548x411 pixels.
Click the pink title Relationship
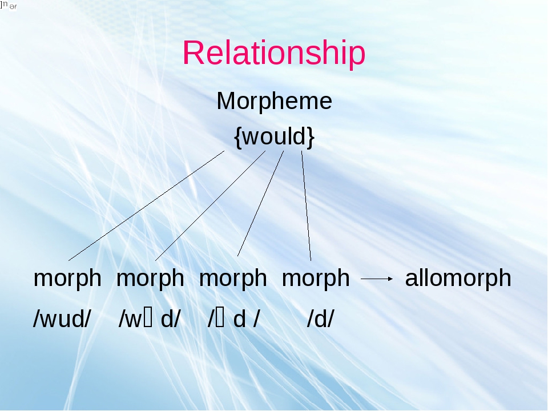click(274, 54)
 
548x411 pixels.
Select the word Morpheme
click(274, 102)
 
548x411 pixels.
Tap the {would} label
click(274, 137)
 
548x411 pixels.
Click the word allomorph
click(458, 279)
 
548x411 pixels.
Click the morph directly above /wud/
click(67, 279)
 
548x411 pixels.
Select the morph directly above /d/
click(316, 279)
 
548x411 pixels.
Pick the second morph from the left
click(150, 279)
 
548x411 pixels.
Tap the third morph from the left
click(233, 279)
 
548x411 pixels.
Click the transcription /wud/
click(62, 320)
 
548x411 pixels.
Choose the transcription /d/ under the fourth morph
click(320, 320)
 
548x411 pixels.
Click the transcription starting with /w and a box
click(149, 320)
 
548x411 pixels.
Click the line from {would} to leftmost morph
click(147, 205)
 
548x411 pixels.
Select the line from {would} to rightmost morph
click(306, 205)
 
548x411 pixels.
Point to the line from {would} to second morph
click(210, 205)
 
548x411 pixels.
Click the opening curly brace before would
click(237, 138)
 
